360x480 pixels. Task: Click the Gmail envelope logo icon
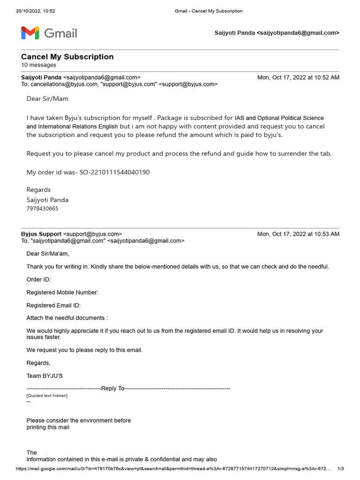(30, 33)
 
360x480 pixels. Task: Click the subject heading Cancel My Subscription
(67, 57)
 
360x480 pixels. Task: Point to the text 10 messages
(38, 65)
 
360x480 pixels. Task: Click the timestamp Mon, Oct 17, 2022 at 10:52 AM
(298, 77)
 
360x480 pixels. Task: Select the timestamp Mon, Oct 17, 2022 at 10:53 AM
(298, 234)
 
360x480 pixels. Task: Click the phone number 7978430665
(43, 209)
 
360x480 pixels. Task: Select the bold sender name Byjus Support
(41, 234)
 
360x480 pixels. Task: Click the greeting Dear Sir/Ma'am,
(48, 254)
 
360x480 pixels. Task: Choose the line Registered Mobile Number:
(62, 292)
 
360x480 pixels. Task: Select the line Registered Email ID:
(53, 305)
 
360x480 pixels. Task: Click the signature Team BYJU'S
(45, 375)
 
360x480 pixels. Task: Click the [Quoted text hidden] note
(47, 396)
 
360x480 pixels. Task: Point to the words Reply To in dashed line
(113, 388)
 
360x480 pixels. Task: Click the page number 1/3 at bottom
(341, 469)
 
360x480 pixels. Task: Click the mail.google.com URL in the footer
(173, 469)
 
